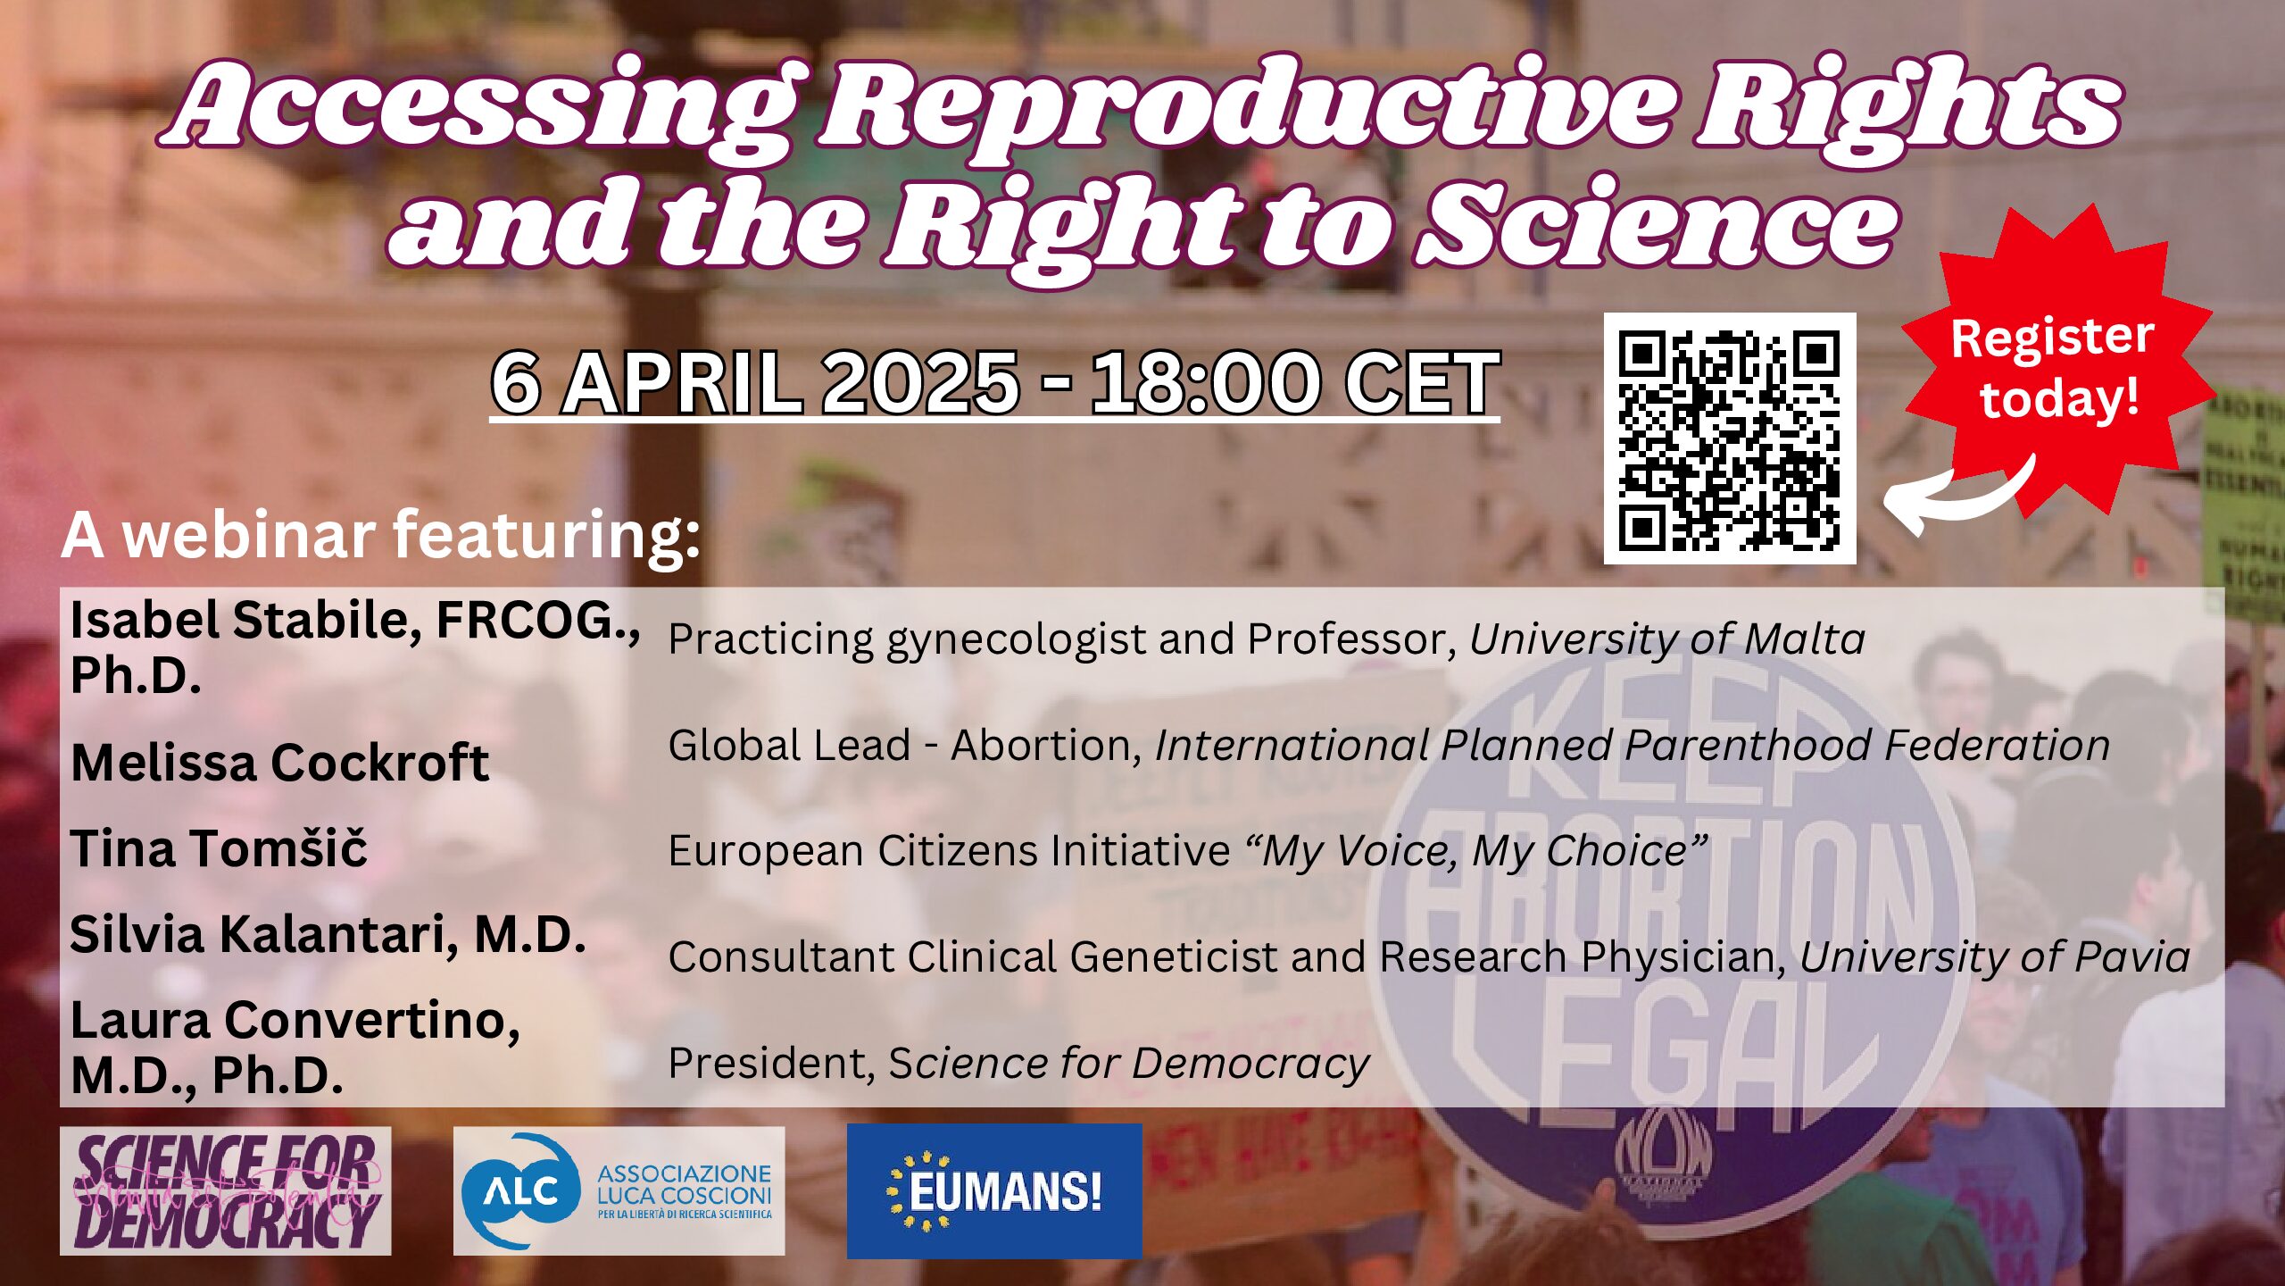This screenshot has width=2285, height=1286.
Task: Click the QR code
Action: (1729, 438)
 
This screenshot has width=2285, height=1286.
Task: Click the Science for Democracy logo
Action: (225, 1190)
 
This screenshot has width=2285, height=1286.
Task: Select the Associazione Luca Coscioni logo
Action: (619, 1190)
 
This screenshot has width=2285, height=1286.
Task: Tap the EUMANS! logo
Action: (993, 1190)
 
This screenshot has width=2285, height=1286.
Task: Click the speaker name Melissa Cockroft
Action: (279, 763)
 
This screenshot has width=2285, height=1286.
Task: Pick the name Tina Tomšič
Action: (219, 848)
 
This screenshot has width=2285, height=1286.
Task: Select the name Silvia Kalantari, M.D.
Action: (328, 934)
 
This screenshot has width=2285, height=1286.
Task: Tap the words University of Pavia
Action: (1994, 957)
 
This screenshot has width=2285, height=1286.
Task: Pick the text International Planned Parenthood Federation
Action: (1632, 746)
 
